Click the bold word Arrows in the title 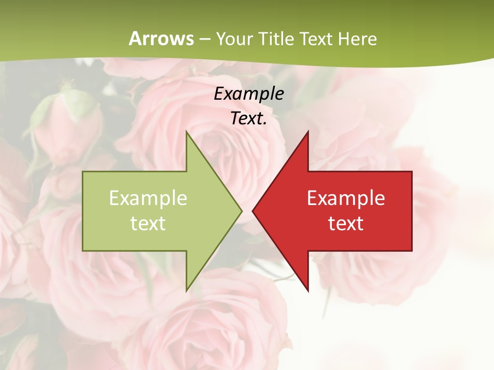[x=162, y=39]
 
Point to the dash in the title [x=205, y=40]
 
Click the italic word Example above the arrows [x=249, y=94]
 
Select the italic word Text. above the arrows [x=247, y=119]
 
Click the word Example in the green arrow [x=148, y=198]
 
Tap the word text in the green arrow [x=148, y=224]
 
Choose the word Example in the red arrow [x=346, y=198]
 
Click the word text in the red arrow [x=346, y=224]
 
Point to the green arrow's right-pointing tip [x=241, y=211]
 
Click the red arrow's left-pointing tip [x=253, y=211]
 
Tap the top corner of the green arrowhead [x=186, y=132]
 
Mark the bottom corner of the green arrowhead [x=186, y=291]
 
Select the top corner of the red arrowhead [x=308, y=132]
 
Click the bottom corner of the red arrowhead [x=308, y=291]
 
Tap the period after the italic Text [x=265, y=123]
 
